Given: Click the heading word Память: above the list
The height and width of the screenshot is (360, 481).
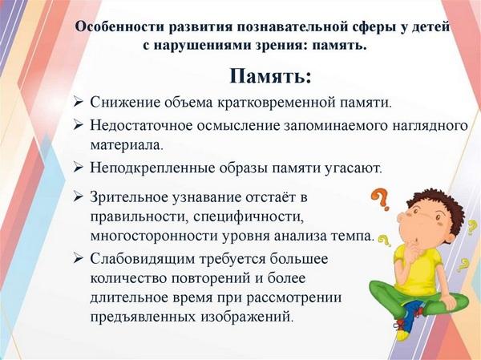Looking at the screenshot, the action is [271, 76].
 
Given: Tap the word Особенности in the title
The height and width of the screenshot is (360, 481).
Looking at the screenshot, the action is [119, 26].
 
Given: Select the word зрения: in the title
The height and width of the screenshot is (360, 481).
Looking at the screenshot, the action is [279, 45].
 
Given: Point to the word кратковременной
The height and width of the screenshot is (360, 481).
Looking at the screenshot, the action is [276, 103].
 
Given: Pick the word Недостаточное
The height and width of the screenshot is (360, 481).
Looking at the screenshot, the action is [141, 125].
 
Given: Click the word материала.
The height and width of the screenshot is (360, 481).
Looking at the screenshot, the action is [126, 145].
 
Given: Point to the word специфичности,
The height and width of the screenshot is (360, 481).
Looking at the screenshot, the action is [249, 217].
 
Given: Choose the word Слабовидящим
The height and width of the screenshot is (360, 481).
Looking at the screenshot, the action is [143, 259].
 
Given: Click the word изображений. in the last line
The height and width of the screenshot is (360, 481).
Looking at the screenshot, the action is [245, 317].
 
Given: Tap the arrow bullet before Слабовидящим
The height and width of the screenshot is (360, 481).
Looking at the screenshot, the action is [79, 258].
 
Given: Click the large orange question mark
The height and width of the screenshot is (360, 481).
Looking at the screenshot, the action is [380, 200].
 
